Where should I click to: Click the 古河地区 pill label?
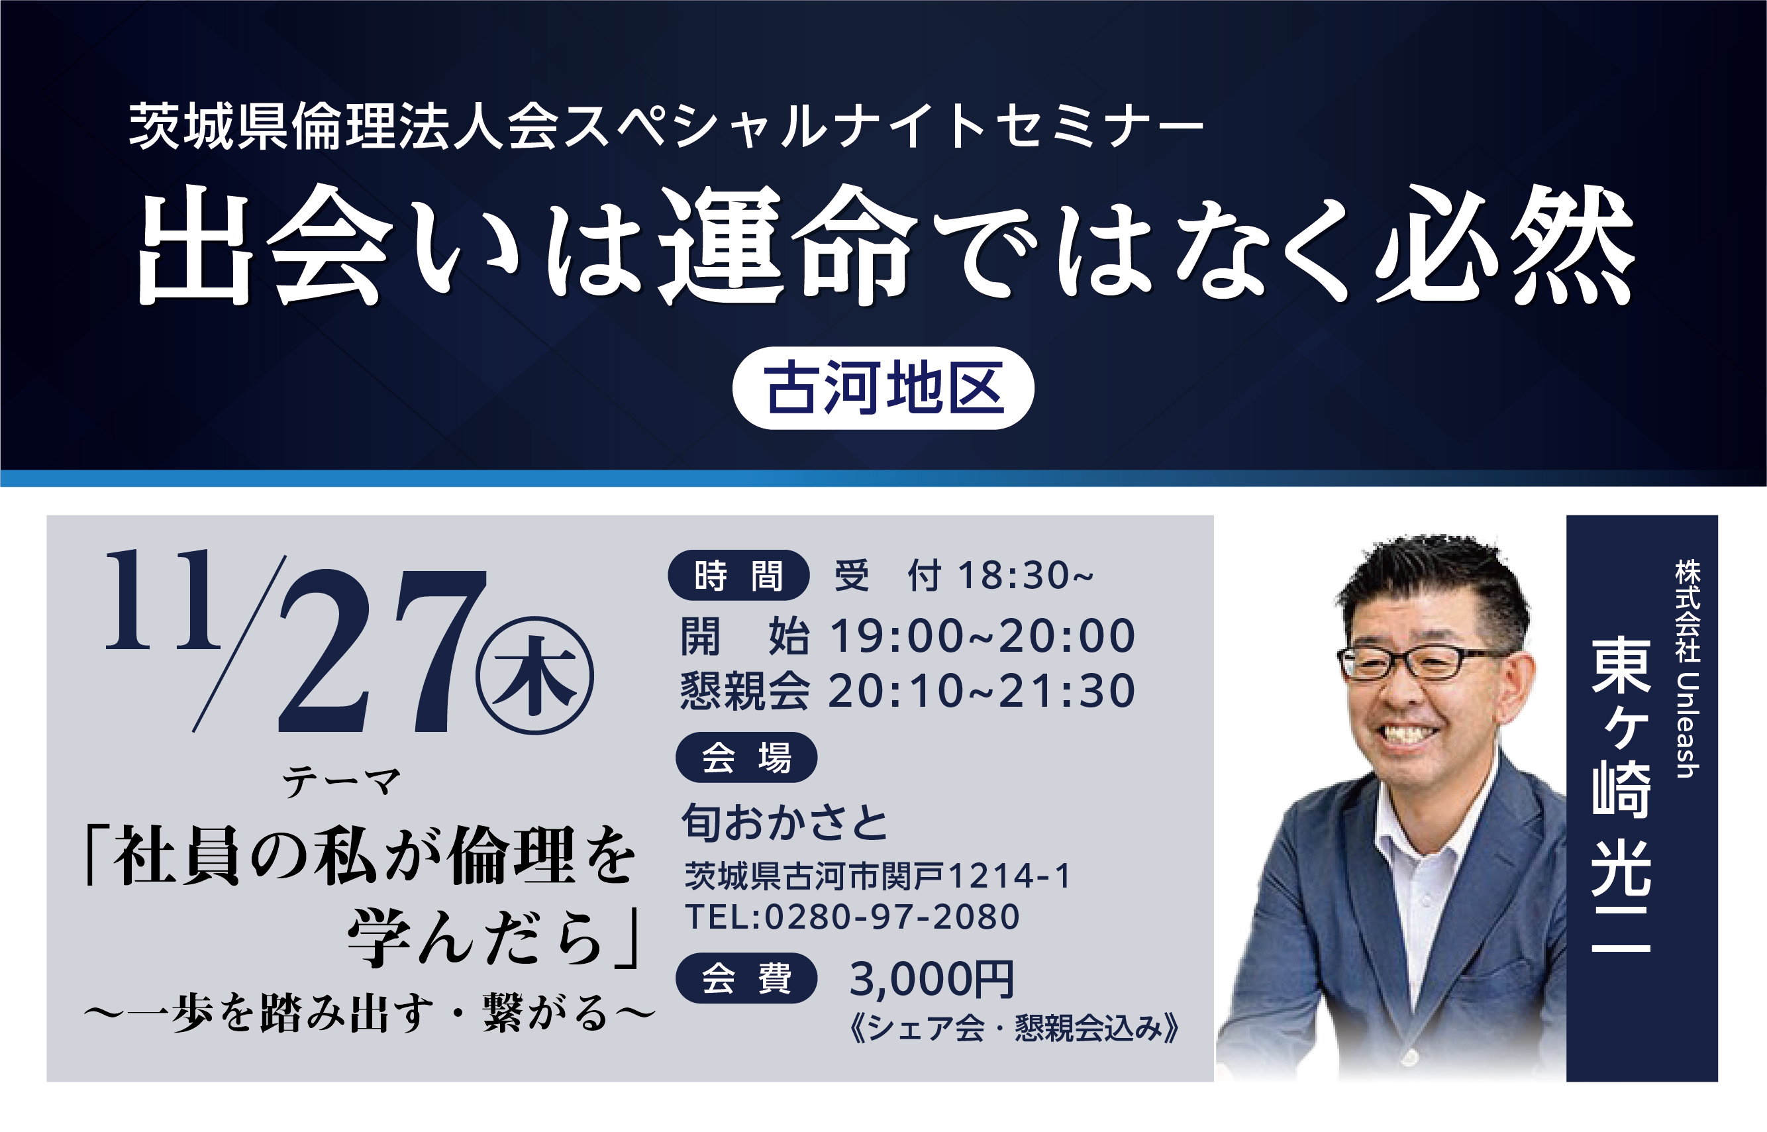click(883, 388)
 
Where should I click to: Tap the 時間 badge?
click(738, 575)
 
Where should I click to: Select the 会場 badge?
click(746, 758)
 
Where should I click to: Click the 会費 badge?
click(746, 978)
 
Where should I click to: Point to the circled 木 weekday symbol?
click(534, 676)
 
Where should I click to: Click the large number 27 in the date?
click(382, 651)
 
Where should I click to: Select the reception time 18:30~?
click(1025, 575)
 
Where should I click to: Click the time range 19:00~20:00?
click(983, 636)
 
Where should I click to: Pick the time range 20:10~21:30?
click(982, 691)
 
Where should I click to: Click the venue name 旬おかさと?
click(785, 822)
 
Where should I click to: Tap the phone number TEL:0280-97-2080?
click(852, 917)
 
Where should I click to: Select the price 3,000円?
click(932, 979)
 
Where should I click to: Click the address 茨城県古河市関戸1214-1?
click(878, 876)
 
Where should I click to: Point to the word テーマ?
click(342, 782)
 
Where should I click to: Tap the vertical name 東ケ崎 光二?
click(1621, 796)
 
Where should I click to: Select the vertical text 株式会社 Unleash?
click(1688, 668)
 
